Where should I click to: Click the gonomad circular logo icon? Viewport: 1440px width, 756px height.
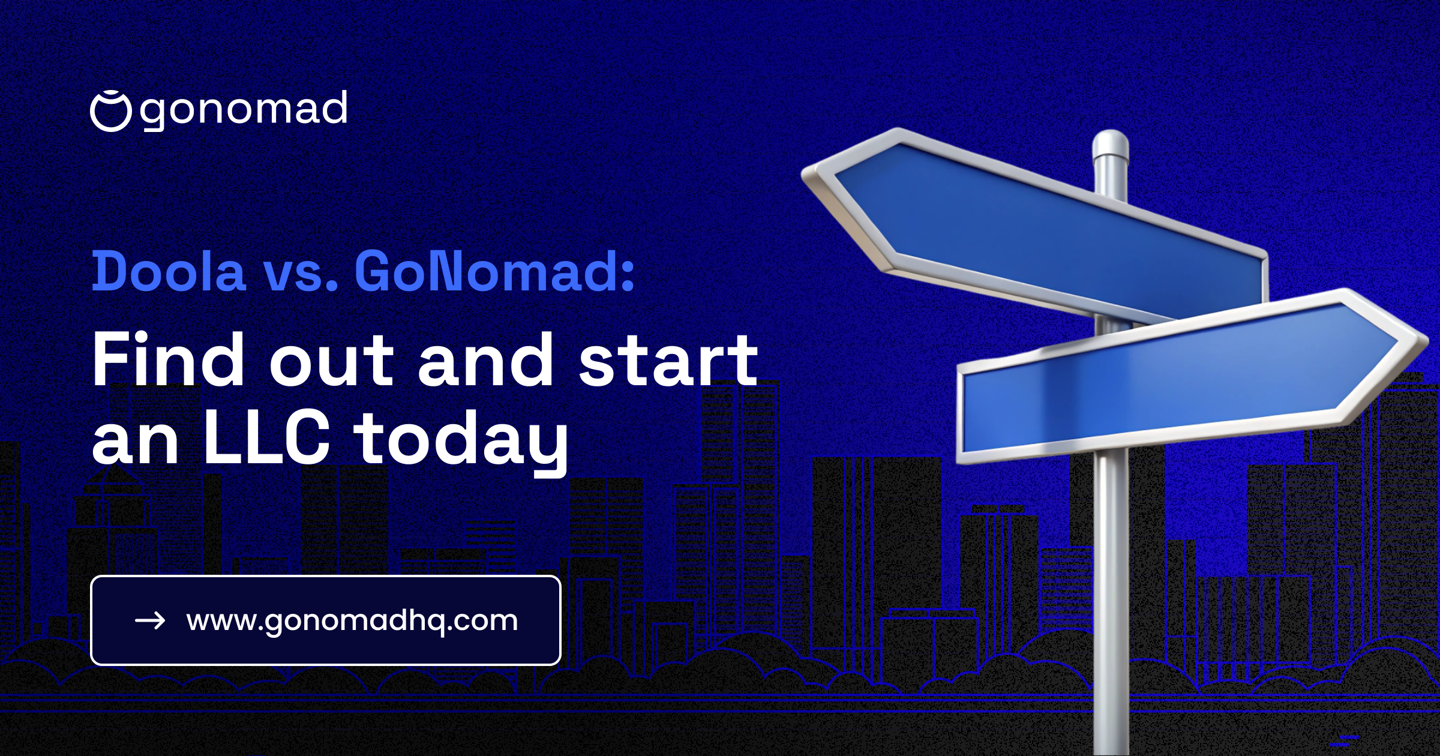110,111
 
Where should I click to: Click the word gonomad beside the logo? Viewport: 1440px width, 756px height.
244,110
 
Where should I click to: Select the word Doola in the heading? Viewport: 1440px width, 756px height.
169,272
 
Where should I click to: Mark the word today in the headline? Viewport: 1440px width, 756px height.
461,442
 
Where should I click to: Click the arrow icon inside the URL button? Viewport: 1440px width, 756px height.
150,620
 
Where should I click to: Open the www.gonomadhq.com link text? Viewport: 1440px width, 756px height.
352,620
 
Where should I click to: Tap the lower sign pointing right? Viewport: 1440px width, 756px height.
1176,378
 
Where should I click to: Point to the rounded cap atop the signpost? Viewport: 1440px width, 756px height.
1111,144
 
